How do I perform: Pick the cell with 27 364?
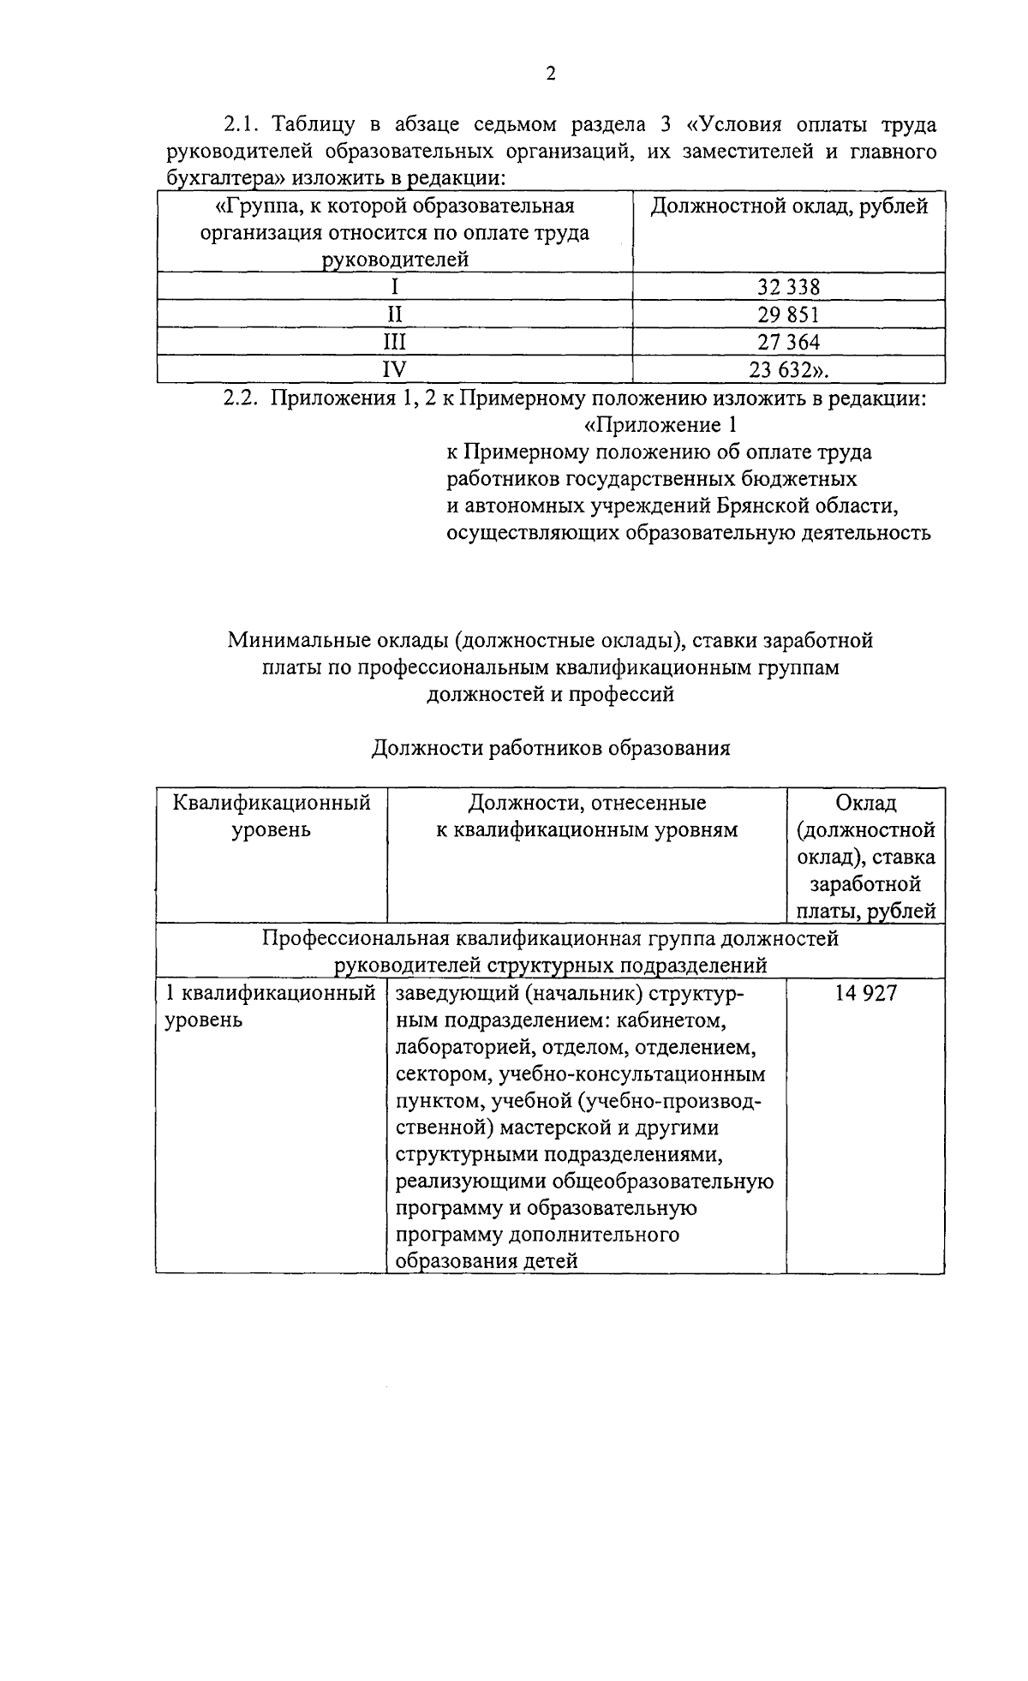point(788,343)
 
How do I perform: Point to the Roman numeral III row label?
point(394,343)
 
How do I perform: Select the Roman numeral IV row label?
point(394,369)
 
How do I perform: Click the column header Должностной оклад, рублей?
point(789,206)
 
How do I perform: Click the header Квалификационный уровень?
point(271,817)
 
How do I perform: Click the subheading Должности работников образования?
point(550,749)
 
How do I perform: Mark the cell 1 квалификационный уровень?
point(270,1007)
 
